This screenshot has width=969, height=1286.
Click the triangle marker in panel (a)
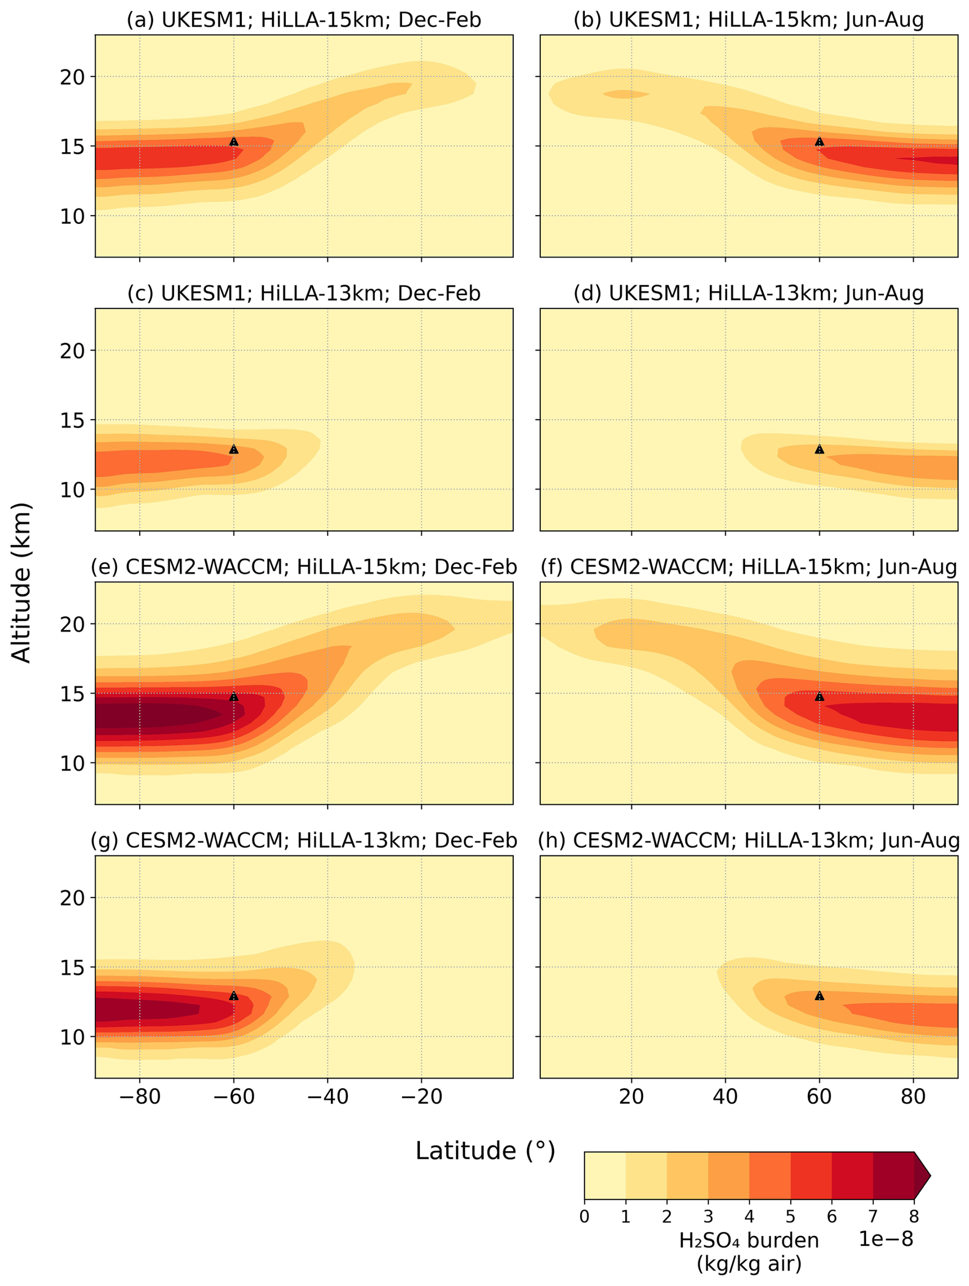click(234, 141)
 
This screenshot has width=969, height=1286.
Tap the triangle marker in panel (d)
click(819, 449)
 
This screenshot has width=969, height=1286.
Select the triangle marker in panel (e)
click(234, 696)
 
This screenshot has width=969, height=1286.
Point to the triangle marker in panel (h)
click(819, 996)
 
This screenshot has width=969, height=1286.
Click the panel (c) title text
click(303, 293)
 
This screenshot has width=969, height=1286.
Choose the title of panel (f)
click(749, 567)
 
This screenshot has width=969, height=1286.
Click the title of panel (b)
click(749, 20)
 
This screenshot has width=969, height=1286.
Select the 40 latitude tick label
click(725, 1096)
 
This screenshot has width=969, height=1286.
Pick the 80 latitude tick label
click(913, 1096)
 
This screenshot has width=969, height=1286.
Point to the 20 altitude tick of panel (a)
click(72, 77)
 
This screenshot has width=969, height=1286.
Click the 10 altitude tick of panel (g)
click(72, 1037)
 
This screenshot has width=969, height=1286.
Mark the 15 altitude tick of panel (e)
click(72, 694)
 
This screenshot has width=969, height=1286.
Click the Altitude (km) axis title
click(21, 583)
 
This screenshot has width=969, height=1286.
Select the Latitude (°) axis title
click(486, 1151)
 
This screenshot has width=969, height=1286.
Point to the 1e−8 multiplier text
click(886, 1239)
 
